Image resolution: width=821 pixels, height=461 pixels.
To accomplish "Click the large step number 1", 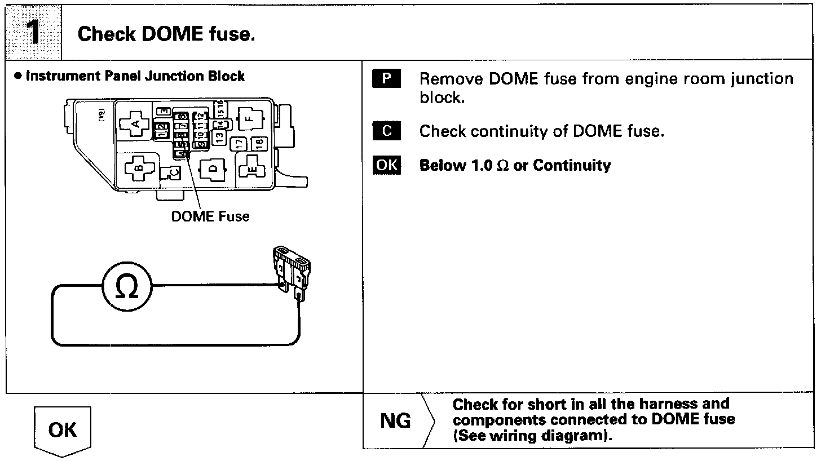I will coord(33,33).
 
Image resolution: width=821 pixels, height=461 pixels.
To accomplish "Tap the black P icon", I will coord(386,78).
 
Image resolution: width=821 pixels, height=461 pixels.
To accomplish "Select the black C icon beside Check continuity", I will coord(386,131).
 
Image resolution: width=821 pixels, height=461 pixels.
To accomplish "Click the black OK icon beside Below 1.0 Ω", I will coord(386,165).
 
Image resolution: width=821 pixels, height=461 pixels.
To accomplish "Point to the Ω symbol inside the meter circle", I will coord(127,289).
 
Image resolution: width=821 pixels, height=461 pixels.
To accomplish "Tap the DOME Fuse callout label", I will coord(210,216).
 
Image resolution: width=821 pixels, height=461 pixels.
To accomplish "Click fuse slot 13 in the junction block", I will coord(220,136).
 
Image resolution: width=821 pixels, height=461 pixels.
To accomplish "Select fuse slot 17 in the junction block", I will coord(240,144).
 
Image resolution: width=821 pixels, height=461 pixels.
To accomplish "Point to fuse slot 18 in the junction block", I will coord(258,143).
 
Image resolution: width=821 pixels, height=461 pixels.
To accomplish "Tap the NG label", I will coord(396,421).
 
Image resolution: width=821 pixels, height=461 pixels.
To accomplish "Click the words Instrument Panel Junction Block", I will coord(135,76).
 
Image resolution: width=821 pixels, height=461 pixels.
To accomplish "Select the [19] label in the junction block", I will coord(101,116).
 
